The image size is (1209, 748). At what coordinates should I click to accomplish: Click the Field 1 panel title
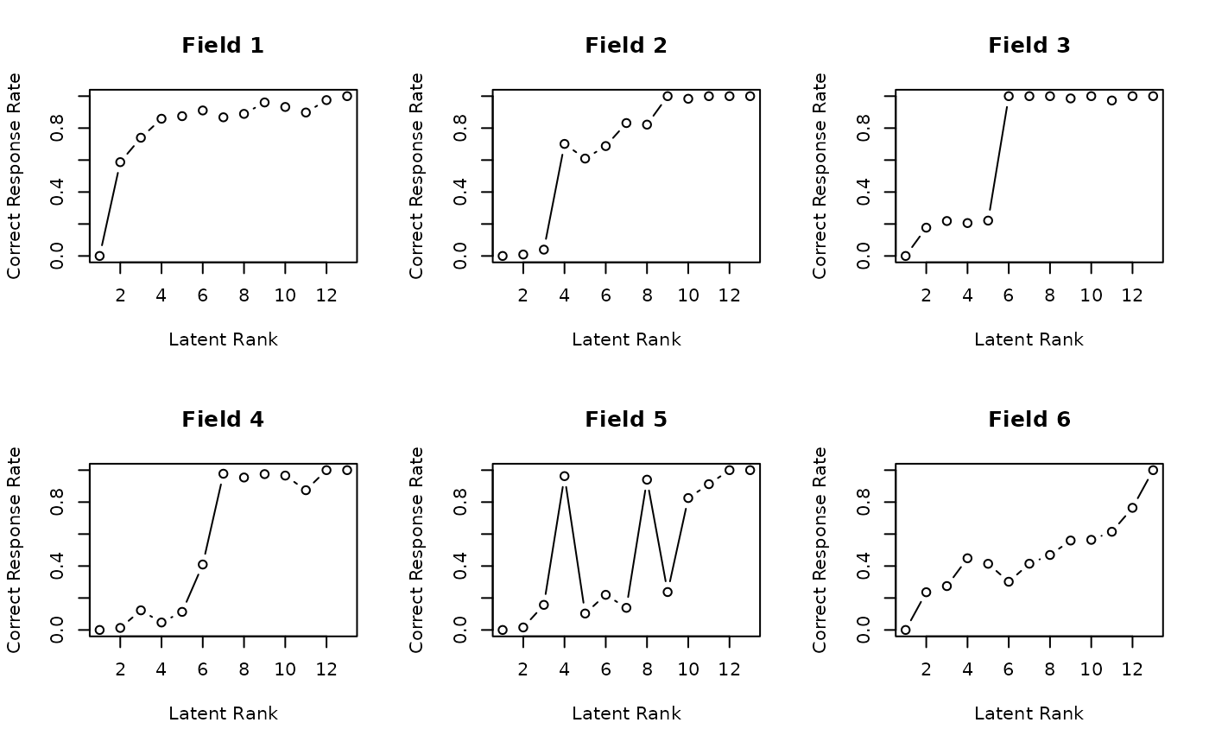click(x=223, y=46)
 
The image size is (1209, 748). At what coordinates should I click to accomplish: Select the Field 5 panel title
click(x=626, y=420)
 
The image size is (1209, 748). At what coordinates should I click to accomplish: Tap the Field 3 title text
click(x=1029, y=46)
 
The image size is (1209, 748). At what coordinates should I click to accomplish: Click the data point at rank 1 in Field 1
click(x=99, y=256)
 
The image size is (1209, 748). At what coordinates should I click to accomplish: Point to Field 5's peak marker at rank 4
click(x=565, y=476)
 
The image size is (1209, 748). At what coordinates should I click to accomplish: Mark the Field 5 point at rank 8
click(x=647, y=479)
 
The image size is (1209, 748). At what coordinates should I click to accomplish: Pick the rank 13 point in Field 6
click(x=1153, y=470)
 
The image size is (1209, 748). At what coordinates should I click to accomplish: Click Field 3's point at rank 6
click(x=1009, y=96)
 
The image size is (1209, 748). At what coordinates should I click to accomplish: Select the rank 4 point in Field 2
click(x=565, y=143)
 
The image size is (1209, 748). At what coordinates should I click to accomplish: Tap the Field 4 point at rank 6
click(x=203, y=564)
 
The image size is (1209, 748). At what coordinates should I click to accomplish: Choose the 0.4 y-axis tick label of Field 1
click(x=58, y=192)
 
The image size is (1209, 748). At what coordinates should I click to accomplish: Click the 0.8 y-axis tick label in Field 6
click(x=864, y=502)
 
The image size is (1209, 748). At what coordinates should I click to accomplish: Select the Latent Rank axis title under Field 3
click(x=1029, y=339)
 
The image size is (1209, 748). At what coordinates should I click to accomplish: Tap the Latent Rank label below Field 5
click(x=626, y=713)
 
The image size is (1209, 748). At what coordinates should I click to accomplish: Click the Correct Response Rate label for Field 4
click(x=15, y=549)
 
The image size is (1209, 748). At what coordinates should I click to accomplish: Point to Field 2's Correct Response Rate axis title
click(x=417, y=175)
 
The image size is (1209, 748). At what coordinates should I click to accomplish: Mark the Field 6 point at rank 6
click(x=1009, y=581)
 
